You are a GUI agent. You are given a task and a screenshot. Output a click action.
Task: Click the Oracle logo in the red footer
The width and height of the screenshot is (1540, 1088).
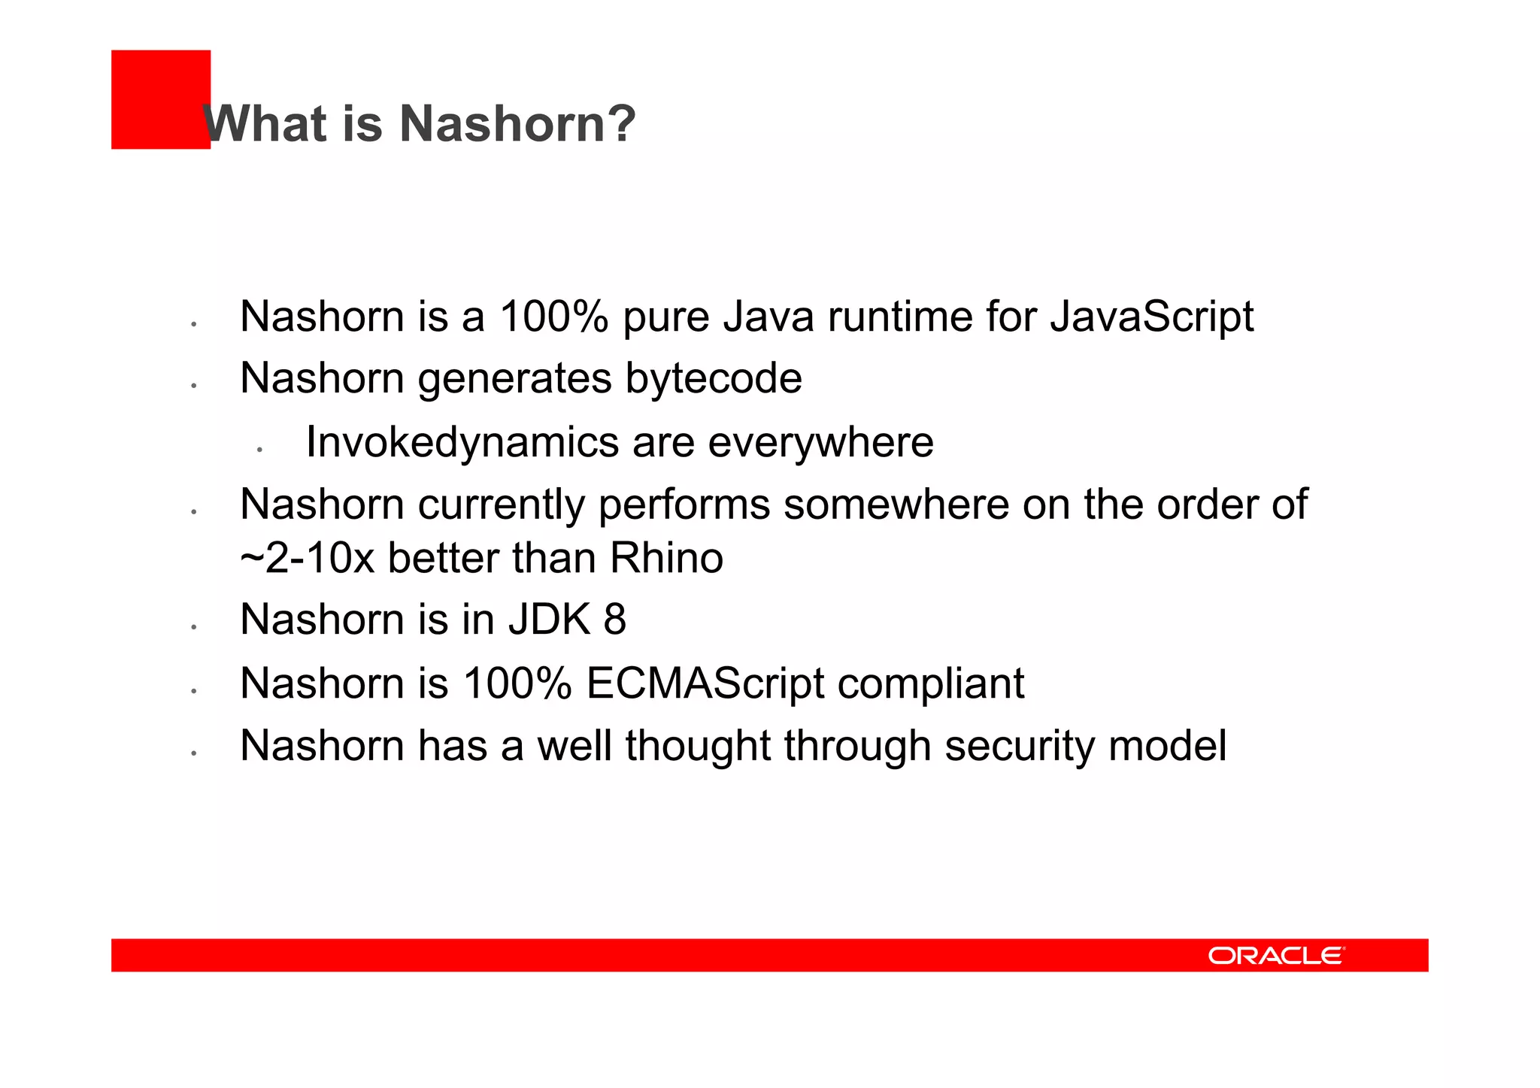pos(1276,955)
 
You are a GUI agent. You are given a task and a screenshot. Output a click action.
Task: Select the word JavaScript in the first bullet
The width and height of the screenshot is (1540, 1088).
pos(1151,317)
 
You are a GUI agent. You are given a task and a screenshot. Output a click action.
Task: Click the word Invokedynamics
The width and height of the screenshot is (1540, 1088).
pos(462,442)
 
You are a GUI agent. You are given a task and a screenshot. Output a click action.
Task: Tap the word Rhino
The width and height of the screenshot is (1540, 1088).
pos(666,558)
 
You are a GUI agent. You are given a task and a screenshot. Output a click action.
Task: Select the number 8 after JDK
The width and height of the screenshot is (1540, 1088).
pos(614,620)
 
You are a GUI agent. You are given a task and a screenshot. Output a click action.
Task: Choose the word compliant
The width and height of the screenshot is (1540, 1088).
pos(931,683)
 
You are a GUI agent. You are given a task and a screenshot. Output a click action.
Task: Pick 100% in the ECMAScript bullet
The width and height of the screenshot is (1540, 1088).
pos(517,683)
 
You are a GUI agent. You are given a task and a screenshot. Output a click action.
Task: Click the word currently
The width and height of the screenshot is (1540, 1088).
pos(501,505)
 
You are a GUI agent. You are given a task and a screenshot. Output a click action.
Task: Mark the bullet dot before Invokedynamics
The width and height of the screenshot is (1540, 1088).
pos(259,450)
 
